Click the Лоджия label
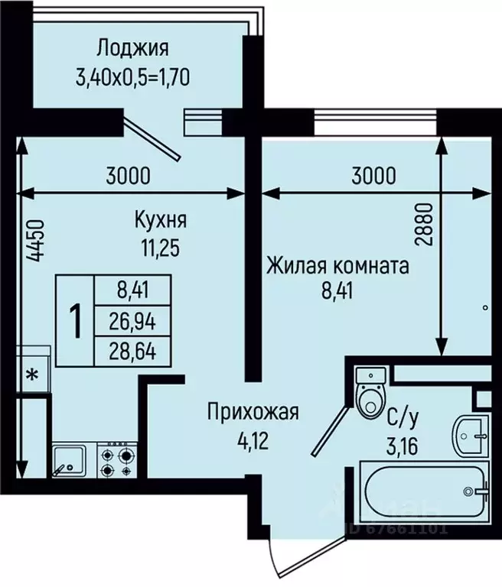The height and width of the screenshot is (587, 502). pyautogui.click(x=133, y=49)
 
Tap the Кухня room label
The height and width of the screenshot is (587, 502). pyautogui.click(x=161, y=220)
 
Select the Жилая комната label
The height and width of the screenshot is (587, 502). pyautogui.click(x=337, y=267)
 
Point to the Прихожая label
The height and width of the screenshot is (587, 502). pyautogui.click(x=253, y=412)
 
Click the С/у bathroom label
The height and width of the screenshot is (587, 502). pyautogui.click(x=403, y=421)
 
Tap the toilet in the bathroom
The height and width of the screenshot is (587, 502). pyautogui.click(x=370, y=392)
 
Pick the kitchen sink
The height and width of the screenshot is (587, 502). pyautogui.click(x=69, y=460)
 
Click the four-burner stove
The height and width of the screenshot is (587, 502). pyautogui.click(x=117, y=460)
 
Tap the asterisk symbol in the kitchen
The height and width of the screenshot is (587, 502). pyautogui.click(x=33, y=374)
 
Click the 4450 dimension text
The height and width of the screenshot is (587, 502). pyautogui.click(x=37, y=241)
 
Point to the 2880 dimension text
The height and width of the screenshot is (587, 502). pyautogui.click(x=425, y=224)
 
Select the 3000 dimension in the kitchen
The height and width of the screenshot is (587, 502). pyautogui.click(x=128, y=176)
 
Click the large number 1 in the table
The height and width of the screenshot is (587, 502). pyautogui.click(x=76, y=321)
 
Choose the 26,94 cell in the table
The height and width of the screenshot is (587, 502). pyautogui.click(x=132, y=322)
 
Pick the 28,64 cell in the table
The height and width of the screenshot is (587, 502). pyautogui.click(x=132, y=351)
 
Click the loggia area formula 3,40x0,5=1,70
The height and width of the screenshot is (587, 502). pyautogui.click(x=132, y=78)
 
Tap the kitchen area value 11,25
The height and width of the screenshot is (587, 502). pyautogui.click(x=160, y=248)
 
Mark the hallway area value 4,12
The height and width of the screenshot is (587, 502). pyautogui.click(x=253, y=441)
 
